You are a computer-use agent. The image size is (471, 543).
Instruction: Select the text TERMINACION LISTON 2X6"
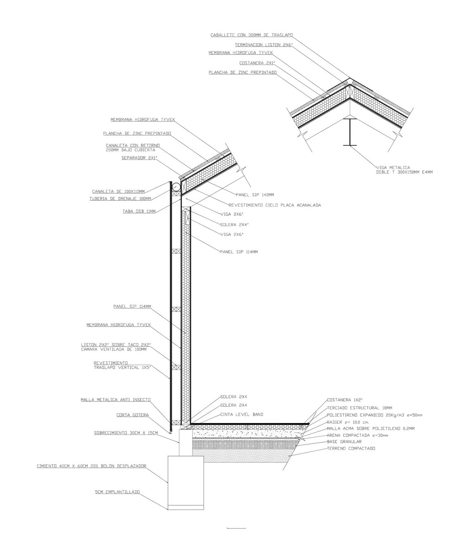tap(264, 45)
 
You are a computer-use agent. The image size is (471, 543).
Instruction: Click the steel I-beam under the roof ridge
tap(350, 132)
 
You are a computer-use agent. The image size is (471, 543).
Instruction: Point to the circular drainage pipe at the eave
tap(176, 186)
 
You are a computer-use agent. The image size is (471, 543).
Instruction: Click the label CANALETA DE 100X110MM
tap(118, 191)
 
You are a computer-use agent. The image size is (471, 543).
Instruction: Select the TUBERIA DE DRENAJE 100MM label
tap(120, 199)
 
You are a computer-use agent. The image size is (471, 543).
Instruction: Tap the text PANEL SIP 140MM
tap(255, 195)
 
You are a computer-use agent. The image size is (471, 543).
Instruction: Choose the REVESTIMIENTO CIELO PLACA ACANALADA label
tap(275, 205)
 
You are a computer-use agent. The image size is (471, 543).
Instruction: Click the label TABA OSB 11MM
tap(139, 211)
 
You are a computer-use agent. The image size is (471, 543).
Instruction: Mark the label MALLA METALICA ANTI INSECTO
tap(116, 400)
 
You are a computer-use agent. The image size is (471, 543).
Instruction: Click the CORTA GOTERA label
tap(133, 415)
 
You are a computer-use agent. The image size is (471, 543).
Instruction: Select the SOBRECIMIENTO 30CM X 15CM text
tap(126, 433)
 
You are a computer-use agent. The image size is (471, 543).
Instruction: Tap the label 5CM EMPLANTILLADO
tap(117, 492)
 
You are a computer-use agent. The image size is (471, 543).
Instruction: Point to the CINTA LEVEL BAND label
tap(242, 414)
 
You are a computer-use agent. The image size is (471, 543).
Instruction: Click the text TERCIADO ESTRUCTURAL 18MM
tap(360, 408)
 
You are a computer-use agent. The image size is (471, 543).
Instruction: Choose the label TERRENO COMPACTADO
tap(351, 449)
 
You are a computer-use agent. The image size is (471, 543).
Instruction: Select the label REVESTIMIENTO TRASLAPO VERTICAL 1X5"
tap(122, 365)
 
